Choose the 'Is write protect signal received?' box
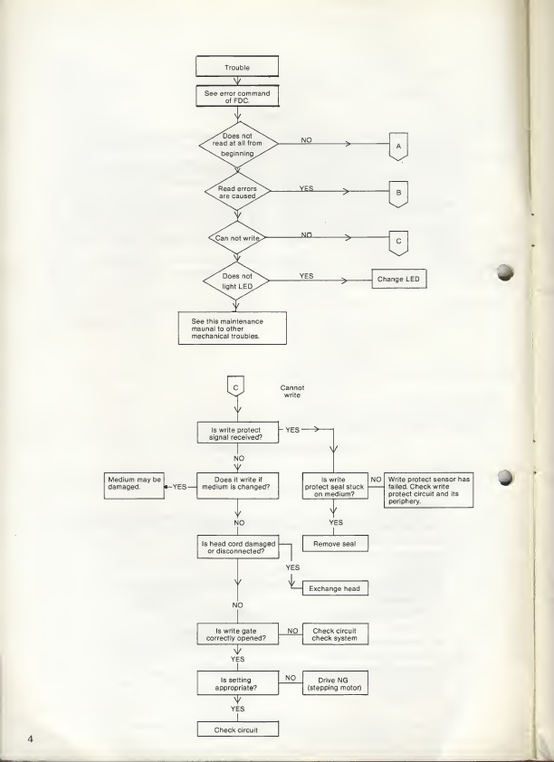click(236, 433)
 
